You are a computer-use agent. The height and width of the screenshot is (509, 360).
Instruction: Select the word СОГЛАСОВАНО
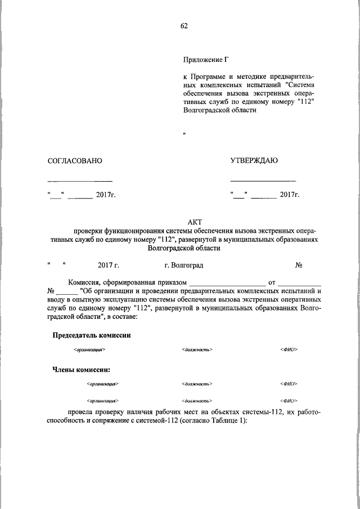[75, 161]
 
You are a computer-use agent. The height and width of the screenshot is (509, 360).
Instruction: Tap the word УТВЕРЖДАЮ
[254, 161]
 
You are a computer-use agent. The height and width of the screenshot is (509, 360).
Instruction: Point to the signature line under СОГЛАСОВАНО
[80, 181]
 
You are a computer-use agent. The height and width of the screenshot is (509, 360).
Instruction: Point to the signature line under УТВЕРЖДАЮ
[263, 181]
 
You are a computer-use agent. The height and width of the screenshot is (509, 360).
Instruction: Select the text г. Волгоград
[184, 265]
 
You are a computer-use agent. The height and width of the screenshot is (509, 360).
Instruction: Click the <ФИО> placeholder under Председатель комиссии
[288, 350]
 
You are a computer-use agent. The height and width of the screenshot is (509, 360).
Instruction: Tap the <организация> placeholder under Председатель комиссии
[89, 350]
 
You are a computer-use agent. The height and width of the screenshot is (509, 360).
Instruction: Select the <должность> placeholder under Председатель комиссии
[197, 350]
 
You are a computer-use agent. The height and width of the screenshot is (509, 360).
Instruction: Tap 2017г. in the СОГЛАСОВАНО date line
[105, 195]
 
